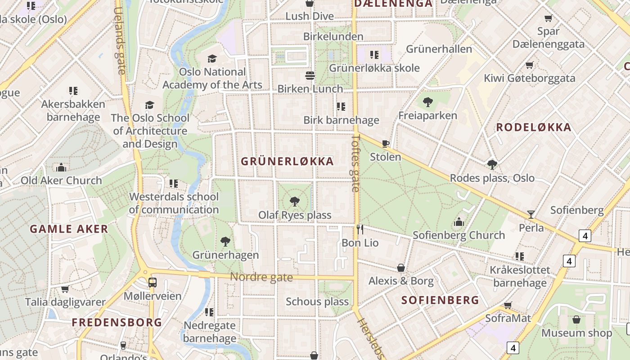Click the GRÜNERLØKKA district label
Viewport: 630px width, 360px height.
click(287, 162)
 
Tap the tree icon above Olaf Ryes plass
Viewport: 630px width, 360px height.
click(295, 201)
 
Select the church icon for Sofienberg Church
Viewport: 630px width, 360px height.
click(459, 221)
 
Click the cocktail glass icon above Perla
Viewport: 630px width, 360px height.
click(531, 214)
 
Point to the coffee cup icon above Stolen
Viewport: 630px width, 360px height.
click(386, 144)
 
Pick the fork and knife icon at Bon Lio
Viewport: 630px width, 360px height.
click(360, 229)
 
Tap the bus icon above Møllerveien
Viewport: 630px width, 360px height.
click(153, 283)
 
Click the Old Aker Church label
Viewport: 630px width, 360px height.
click(62, 180)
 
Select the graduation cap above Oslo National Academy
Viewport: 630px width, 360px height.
click(212, 58)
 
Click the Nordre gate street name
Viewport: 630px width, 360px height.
click(261, 277)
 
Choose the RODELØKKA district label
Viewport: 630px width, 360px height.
click(534, 127)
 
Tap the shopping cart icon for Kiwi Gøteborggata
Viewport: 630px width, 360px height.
click(530, 65)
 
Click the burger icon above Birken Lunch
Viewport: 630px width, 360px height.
click(310, 75)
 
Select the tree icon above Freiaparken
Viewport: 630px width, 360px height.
click(428, 102)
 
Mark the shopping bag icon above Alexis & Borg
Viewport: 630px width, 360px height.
click(401, 268)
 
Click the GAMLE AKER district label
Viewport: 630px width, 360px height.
click(69, 229)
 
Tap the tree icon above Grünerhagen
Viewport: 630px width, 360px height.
click(225, 242)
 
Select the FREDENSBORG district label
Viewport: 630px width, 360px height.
click(117, 323)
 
